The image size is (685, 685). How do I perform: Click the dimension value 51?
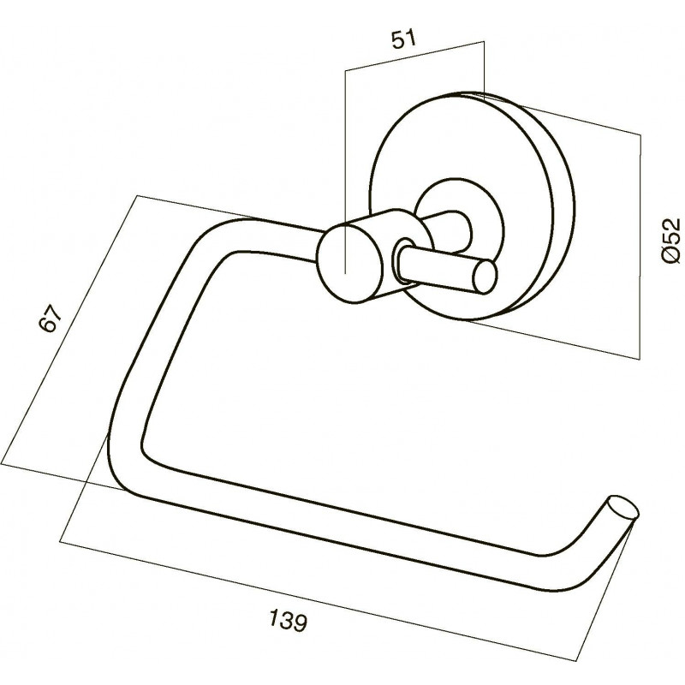pyautogui.click(x=403, y=39)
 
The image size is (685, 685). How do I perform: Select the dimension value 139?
pyautogui.click(x=288, y=620)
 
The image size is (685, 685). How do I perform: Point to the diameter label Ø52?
pyautogui.click(x=670, y=241)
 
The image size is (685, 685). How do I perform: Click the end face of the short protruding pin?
pyautogui.click(x=485, y=276)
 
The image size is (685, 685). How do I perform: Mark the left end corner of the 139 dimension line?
pyautogui.click(x=60, y=542)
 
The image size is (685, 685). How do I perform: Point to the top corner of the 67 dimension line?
pyautogui.click(x=137, y=195)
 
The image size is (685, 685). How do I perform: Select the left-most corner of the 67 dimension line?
pyautogui.click(x=2, y=466)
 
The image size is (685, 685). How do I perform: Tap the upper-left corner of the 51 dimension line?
pyautogui.click(x=345, y=70)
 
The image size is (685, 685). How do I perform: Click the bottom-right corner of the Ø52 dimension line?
pyautogui.click(x=640, y=359)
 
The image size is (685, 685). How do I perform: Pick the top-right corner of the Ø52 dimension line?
pyautogui.click(x=640, y=134)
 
